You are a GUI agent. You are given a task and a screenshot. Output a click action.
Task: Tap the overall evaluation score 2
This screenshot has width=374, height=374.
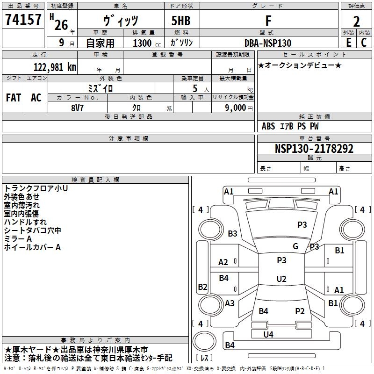tap(356, 21)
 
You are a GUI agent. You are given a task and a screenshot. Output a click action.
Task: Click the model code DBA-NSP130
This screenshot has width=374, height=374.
tap(268, 43)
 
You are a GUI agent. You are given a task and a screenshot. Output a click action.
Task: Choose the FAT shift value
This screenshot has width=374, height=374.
tap(14, 98)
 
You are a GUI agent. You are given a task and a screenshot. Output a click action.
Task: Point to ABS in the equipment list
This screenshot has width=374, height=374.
tap(268, 126)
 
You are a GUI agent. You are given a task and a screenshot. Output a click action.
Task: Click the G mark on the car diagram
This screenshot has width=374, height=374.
tap(295, 246)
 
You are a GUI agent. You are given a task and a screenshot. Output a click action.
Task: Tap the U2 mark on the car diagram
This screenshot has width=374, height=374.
tap(281, 279)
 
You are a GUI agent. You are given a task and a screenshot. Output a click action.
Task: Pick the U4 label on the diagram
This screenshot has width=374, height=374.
tap(268, 334)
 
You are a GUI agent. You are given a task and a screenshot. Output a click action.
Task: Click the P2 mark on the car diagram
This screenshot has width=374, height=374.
tap(300, 311)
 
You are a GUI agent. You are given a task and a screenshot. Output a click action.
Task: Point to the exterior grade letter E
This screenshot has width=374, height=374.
tap(348, 43)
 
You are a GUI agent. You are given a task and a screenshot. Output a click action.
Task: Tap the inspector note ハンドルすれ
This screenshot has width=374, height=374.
tap(25, 222)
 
